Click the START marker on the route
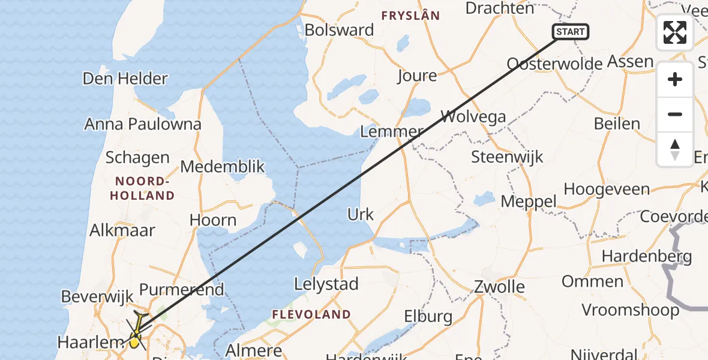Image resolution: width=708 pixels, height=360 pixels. [x=570, y=32]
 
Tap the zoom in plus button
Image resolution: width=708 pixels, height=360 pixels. [x=675, y=80]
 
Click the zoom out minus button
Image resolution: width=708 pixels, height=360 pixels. [x=675, y=115]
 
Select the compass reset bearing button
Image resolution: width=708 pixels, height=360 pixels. [x=675, y=149]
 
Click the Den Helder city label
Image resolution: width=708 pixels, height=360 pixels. [x=125, y=79]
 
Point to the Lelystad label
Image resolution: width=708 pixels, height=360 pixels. [x=327, y=284]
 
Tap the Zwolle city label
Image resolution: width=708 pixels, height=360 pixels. [x=499, y=287]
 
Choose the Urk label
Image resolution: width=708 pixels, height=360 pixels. [x=361, y=214]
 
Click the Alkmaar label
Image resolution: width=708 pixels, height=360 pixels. [x=122, y=230]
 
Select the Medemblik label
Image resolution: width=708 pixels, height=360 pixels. [x=223, y=166]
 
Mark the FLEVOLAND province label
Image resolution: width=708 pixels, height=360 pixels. [x=311, y=314]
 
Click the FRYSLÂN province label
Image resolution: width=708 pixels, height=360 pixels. [x=411, y=16]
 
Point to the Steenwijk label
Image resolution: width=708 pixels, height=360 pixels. [x=507, y=157]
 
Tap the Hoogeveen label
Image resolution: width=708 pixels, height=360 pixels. [x=607, y=189]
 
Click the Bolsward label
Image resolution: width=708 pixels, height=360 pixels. [x=339, y=30]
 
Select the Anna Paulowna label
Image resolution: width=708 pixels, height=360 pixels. [x=143, y=124]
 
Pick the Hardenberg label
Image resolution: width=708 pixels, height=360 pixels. [x=647, y=256]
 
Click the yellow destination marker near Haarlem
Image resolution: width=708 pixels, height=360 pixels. [x=134, y=343]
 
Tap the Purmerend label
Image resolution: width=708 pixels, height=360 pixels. [x=182, y=289]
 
